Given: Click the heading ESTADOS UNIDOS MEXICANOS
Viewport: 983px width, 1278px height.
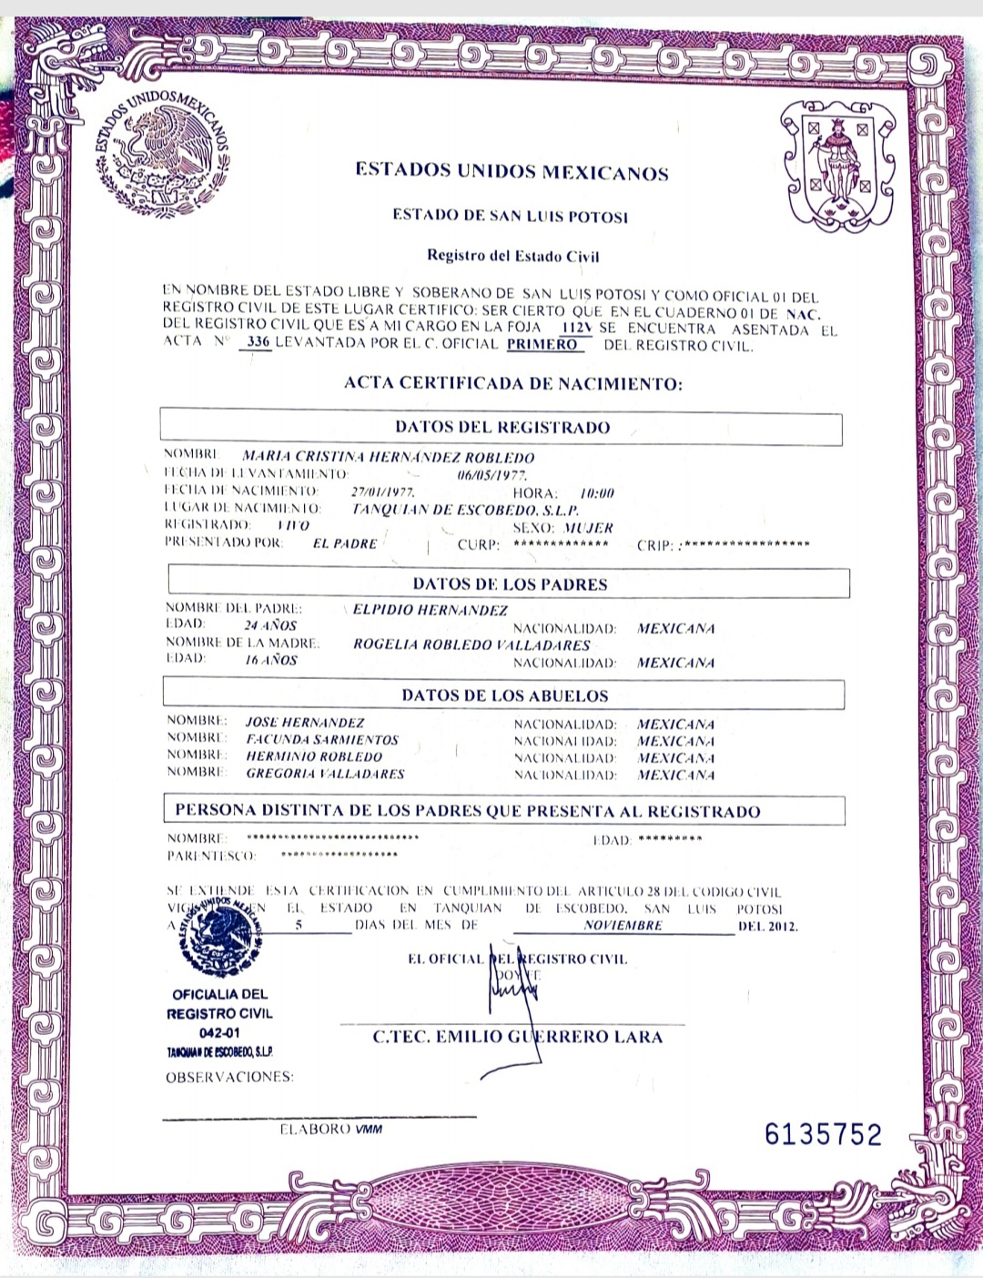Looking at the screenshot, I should click(512, 171).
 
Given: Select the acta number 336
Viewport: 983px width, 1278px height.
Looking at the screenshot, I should click(258, 342).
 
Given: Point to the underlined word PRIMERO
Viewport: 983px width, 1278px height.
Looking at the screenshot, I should click(542, 344).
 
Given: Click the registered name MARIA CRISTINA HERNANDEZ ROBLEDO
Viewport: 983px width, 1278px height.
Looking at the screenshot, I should click(389, 457).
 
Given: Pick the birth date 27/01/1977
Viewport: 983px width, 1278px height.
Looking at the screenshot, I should click(382, 492).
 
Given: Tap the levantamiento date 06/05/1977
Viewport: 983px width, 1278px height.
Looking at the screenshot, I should click(491, 474).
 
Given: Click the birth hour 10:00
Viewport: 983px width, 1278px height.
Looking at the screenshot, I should click(597, 492).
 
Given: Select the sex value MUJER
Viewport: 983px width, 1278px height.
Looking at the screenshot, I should click(588, 528).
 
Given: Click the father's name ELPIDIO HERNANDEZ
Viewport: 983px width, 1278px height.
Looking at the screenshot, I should click(431, 610).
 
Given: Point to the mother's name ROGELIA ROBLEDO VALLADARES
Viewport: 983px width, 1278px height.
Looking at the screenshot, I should click(471, 644).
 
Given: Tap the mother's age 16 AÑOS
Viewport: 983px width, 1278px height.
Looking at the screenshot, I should click(271, 660).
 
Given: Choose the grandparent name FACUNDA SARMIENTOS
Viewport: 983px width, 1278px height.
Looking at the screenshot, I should click(322, 740).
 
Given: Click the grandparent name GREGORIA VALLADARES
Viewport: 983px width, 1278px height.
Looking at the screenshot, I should click(325, 774).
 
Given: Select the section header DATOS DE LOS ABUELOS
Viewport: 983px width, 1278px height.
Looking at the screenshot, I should click(504, 695).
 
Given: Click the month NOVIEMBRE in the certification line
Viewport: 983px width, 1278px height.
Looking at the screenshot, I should click(623, 925).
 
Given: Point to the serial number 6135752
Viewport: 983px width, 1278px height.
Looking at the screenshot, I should click(823, 1134).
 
